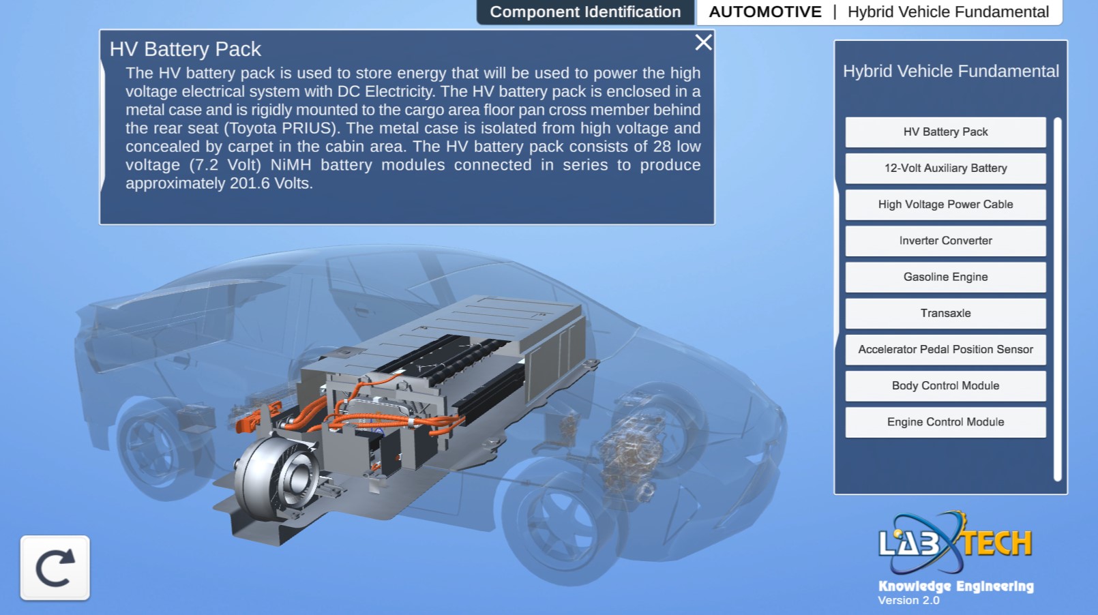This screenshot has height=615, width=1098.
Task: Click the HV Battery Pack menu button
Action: pyautogui.click(x=945, y=132)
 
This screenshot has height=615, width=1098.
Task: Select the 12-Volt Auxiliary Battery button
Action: pyautogui.click(x=945, y=168)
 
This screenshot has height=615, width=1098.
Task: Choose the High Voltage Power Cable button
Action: pyautogui.click(x=945, y=205)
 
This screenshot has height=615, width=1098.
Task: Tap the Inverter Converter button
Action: pyautogui.click(x=945, y=241)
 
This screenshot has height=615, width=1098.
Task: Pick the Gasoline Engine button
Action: pyautogui.click(x=945, y=277)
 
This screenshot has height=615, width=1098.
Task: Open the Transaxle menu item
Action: pyautogui.click(x=945, y=313)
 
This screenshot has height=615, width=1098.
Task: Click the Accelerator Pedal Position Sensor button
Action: pyautogui.click(x=945, y=349)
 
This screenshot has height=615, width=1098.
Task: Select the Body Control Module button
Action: pyautogui.click(x=945, y=386)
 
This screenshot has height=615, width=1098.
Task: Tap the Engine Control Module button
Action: pyautogui.click(x=945, y=422)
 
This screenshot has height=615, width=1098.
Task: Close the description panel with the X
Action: pyautogui.click(x=703, y=43)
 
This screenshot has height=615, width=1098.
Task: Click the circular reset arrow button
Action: pyautogui.click(x=55, y=567)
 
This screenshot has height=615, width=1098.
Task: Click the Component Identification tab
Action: pyautogui.click(x=585, y=12)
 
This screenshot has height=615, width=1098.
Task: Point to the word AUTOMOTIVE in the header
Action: pyautogui.click(x=765, y=12)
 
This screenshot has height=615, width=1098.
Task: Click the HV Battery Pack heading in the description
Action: pyautogui.click(x=186, y=49)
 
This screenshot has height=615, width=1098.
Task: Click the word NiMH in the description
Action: pyautogui.click(x=291, y=164)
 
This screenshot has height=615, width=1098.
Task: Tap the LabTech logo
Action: pyautogui.click(x=955, y=543)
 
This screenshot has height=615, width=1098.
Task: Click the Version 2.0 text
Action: pyautogui.click(x=908, y=600)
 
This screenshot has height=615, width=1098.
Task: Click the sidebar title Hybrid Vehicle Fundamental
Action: pyautogui.click(x=951, y=72)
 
